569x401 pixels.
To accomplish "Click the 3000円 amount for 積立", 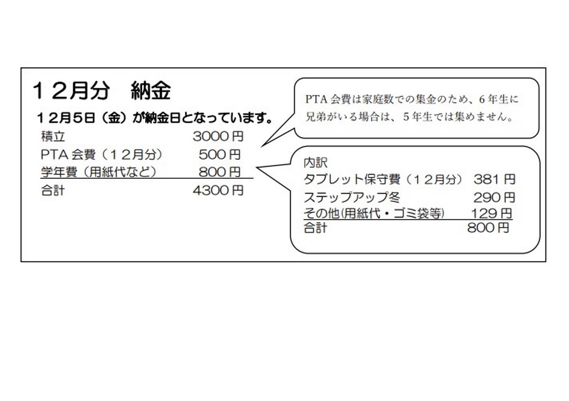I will click(218, 136).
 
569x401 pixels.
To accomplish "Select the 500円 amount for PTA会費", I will click(219, 154).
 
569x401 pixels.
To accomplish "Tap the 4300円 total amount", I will click(218, 190).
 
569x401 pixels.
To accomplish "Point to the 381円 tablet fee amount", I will click(494, 179).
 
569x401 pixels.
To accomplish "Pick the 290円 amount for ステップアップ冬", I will click(494, 197).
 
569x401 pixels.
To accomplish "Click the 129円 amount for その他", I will click(491, 213).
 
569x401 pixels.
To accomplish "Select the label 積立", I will click(53, 136).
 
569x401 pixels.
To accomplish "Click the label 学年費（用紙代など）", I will click(99, 172).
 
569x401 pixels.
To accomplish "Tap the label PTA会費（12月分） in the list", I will click(102, 154).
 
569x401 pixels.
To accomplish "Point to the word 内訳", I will click(315, 163).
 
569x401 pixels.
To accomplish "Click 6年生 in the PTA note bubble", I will click(494, 99).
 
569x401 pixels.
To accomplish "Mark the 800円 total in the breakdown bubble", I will click(488, 228).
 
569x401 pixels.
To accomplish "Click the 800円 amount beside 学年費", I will click(219, 172).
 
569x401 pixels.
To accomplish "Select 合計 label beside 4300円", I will click(53, 191).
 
